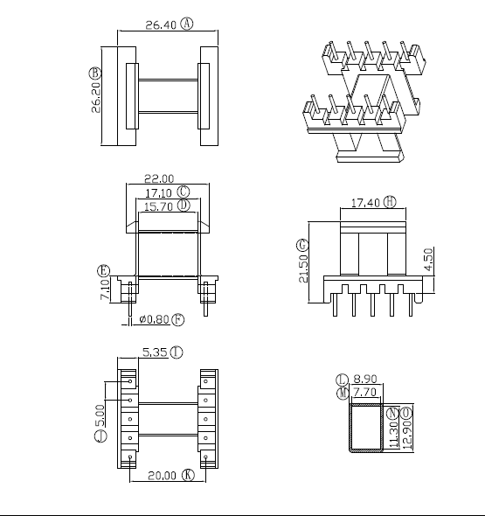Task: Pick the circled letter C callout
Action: [184, 192]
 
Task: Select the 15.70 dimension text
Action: [158, 206]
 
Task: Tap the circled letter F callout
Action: [178, 319]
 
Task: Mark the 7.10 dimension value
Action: [105, 289]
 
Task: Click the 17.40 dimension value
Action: [365, 203]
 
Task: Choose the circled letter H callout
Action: [390, 202]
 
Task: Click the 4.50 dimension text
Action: [428, 259]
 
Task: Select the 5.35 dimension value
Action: [155, 353]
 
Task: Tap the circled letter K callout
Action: [187, 475]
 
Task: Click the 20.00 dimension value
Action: [161, 476]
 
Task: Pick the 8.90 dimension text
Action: [364, 380]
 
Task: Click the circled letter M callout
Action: [343, 394]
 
